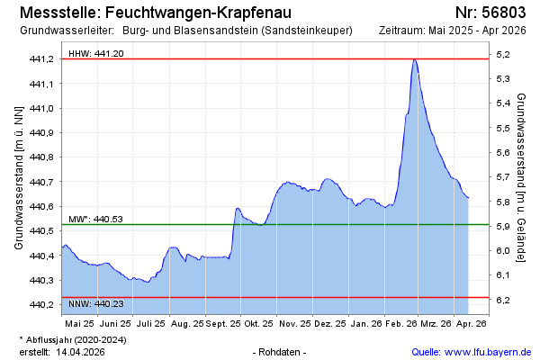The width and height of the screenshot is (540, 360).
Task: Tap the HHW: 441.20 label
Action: click(95, 54)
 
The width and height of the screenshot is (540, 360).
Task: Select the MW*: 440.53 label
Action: click(95, 219)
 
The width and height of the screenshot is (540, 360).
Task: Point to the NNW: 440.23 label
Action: click(95, 305)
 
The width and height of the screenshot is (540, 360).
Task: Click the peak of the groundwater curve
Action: click(414, 59)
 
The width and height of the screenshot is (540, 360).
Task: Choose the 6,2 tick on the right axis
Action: click(502, 300)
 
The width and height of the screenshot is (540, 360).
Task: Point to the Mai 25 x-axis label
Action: click(79, 322)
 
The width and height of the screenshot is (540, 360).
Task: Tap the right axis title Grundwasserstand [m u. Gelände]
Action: click(521, 176)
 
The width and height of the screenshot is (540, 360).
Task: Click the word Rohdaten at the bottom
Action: click(281, 351)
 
